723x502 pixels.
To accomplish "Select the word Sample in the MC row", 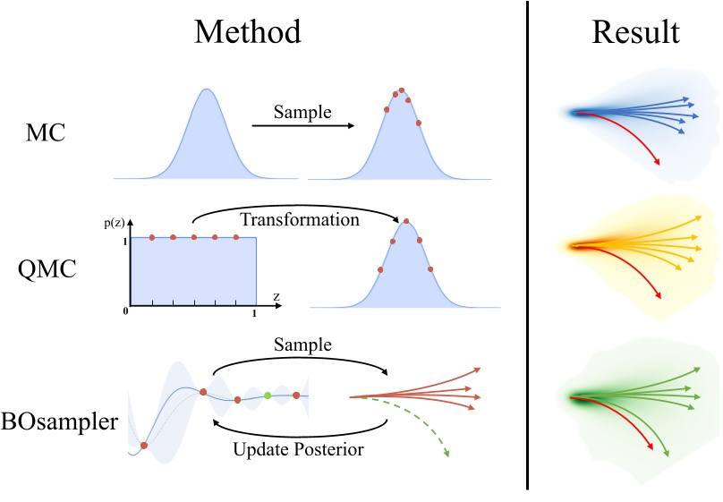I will [302, 113].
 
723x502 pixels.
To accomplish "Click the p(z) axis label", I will [115, 221].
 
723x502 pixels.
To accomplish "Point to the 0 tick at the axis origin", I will [129, 311].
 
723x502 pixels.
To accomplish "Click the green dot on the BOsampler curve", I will [268, 395].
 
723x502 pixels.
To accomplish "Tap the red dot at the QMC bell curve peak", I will [407, 220].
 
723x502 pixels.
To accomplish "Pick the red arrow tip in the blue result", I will [659, 162].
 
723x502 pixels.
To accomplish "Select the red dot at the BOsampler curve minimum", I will [144, 445].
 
